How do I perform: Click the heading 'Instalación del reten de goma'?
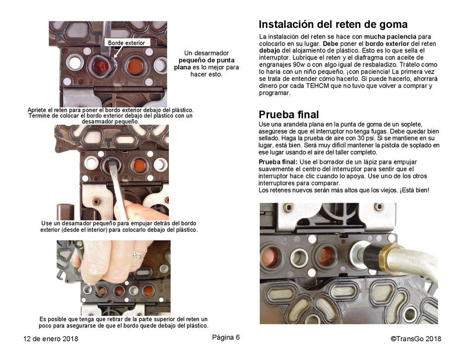[x=333, y=25]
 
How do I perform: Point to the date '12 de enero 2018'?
[x=51, y=339]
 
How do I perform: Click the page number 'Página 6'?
[x=225, y=338]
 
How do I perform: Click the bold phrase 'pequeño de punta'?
[x=207, y=60]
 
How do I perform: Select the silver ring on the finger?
[x=139, y=255]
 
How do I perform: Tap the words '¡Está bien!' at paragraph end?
[x=414, y=190]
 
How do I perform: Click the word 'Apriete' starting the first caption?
[x=38, y=110]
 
